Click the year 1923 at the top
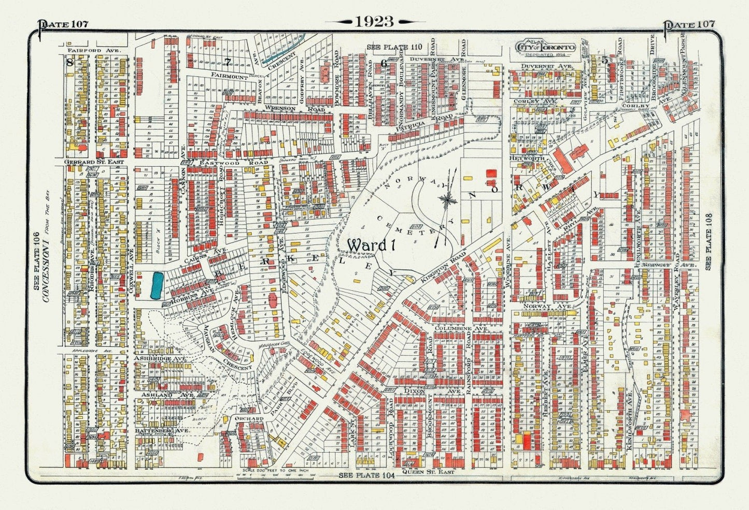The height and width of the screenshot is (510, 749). point(374,21)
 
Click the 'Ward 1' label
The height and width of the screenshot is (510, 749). point(371,244)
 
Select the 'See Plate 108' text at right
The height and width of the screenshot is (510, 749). point(709,242)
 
